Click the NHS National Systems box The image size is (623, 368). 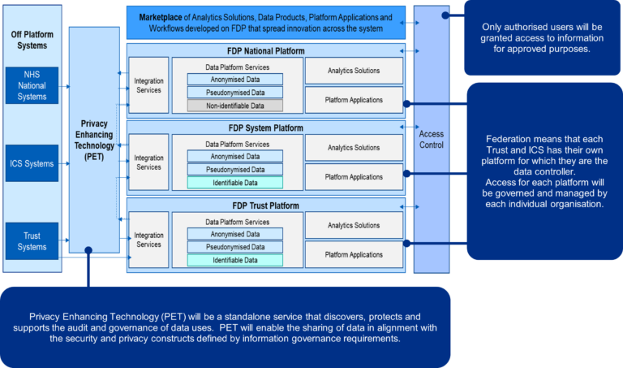coord(32,85)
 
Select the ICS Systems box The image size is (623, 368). coord(32,163)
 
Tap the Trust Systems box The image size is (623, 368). coord(32,241)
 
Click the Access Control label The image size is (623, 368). coord(431,139)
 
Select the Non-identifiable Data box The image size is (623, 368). coord(234,106)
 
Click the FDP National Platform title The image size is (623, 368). coord(265,50)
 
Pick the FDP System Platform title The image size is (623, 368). coord(265,128)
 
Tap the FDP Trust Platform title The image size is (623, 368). coord(265,206)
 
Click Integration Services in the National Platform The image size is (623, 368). coord(148,85)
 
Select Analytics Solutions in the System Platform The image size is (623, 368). coord(354,148)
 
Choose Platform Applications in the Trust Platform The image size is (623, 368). coord(354,254)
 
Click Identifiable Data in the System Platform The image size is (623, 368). coord(234,183)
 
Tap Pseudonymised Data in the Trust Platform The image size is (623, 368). coord(234,247)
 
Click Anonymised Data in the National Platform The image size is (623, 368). coord(234,79)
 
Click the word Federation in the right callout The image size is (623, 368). coord(509,139)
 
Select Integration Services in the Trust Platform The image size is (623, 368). coord(148,240)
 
